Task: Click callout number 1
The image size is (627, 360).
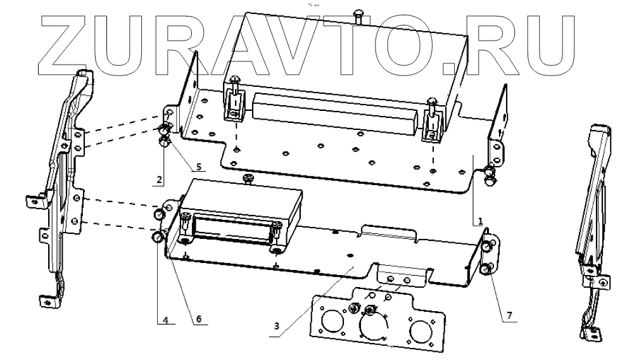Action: (480, 222)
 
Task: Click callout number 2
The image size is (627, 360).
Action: (159, 179)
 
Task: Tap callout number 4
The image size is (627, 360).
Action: (165, 320)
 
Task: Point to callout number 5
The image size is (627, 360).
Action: (198, 168)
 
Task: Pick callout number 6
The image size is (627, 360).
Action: (198, 319)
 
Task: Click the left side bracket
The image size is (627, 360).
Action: (63, 184)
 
